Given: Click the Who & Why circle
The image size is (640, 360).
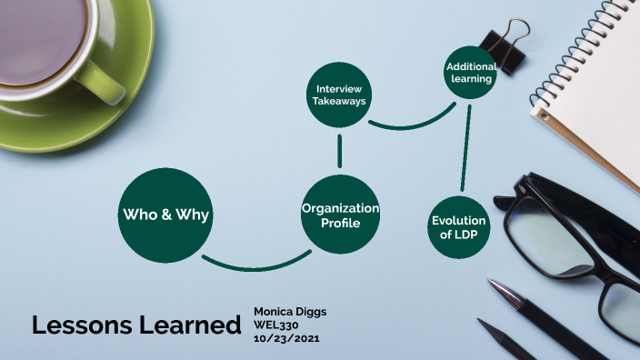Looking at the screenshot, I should click(x=165, y=215).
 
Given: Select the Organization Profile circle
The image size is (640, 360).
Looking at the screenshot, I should click(x=340, y=215).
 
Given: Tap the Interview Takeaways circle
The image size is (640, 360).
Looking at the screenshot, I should click(x=339, y=96).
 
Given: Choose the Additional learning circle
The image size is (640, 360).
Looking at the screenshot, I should click(x=470, y=73).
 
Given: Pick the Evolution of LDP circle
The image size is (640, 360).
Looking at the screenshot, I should click(x=459, y=226).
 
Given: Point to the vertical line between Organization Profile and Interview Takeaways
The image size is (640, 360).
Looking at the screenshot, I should click(x=339, y=151).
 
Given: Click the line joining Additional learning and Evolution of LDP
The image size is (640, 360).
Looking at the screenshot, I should click(x=465, y=145).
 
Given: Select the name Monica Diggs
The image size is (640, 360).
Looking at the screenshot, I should click(x=290, y=312).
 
